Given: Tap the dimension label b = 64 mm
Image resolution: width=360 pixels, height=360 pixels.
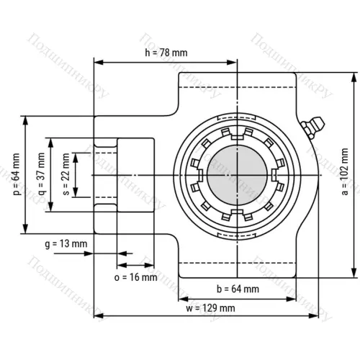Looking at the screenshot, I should (x=238, y=289).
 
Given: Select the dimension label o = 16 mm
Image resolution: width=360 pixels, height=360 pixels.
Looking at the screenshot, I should (x=135, y=276).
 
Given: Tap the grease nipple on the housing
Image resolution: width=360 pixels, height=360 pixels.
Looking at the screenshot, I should (x=312, y=128).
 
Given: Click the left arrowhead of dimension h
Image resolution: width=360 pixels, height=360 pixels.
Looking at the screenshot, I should (x=97, y=62).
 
